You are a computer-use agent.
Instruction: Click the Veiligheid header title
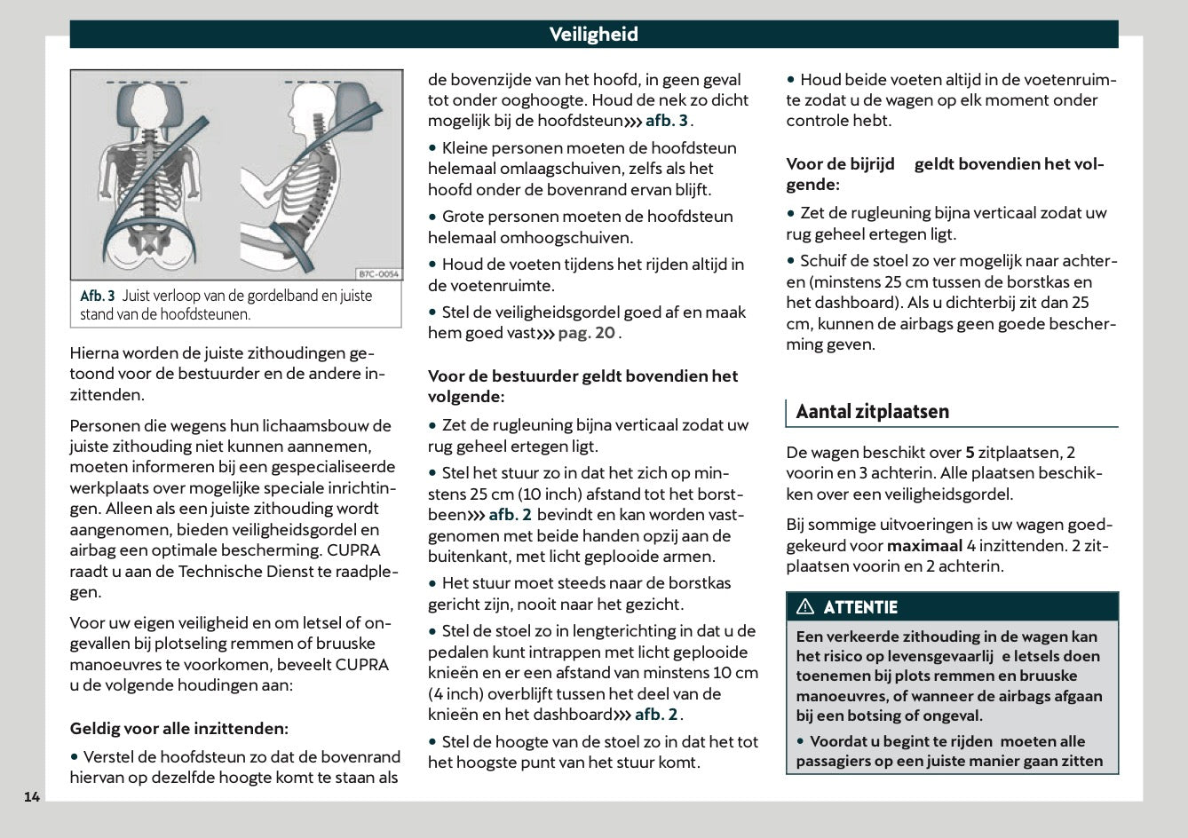593,35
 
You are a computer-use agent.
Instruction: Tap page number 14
32,796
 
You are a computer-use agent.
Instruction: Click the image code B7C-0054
379,274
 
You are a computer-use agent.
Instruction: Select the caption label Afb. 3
98,296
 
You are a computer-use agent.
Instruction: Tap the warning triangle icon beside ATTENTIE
805,607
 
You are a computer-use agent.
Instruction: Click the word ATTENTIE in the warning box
860,607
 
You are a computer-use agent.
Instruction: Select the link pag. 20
586,333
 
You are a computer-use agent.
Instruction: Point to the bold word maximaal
924,546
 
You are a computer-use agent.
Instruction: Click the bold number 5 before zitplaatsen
970,452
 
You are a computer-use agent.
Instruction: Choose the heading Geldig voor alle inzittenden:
178,729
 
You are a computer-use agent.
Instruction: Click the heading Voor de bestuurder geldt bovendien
582,376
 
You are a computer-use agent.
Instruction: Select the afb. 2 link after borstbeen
510,515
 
